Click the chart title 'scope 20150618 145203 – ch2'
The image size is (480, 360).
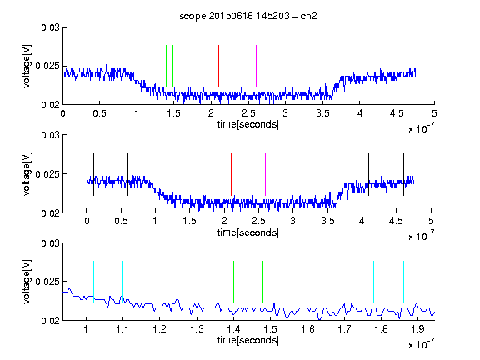(x=248, y=16)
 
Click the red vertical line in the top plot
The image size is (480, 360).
(x=218, y=66)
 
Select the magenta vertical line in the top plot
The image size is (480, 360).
(x=256, y=66)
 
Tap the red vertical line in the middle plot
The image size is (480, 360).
(x=231, y=174)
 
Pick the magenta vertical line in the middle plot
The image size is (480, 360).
(x=265, y=174)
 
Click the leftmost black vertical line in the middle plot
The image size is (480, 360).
(x=93, y=174)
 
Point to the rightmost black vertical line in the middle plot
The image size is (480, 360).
(x=403, y=174)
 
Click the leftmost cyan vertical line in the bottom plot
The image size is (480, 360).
(x=93, y=282)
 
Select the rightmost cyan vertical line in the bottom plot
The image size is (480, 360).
(x=403, y=282)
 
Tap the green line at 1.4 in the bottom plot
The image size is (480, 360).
(x=233, y=282)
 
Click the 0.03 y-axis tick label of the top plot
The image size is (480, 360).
(x=50, y=27)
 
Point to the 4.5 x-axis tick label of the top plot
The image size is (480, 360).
(x=397, y=113)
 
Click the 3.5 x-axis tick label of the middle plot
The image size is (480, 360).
(x=327, y=221)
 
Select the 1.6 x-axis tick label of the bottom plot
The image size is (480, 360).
(x=307, y=329)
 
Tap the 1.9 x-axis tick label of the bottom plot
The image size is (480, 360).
(x=417, y=329)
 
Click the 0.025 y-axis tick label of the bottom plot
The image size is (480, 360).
(x=47, y=282)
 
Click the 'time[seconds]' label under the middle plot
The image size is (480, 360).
(x=248, y=232)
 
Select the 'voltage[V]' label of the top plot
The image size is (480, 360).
(x=27, y=66)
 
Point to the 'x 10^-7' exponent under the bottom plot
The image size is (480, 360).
(x=421, y=343)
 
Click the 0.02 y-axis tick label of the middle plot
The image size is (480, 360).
(x=50, y=213)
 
